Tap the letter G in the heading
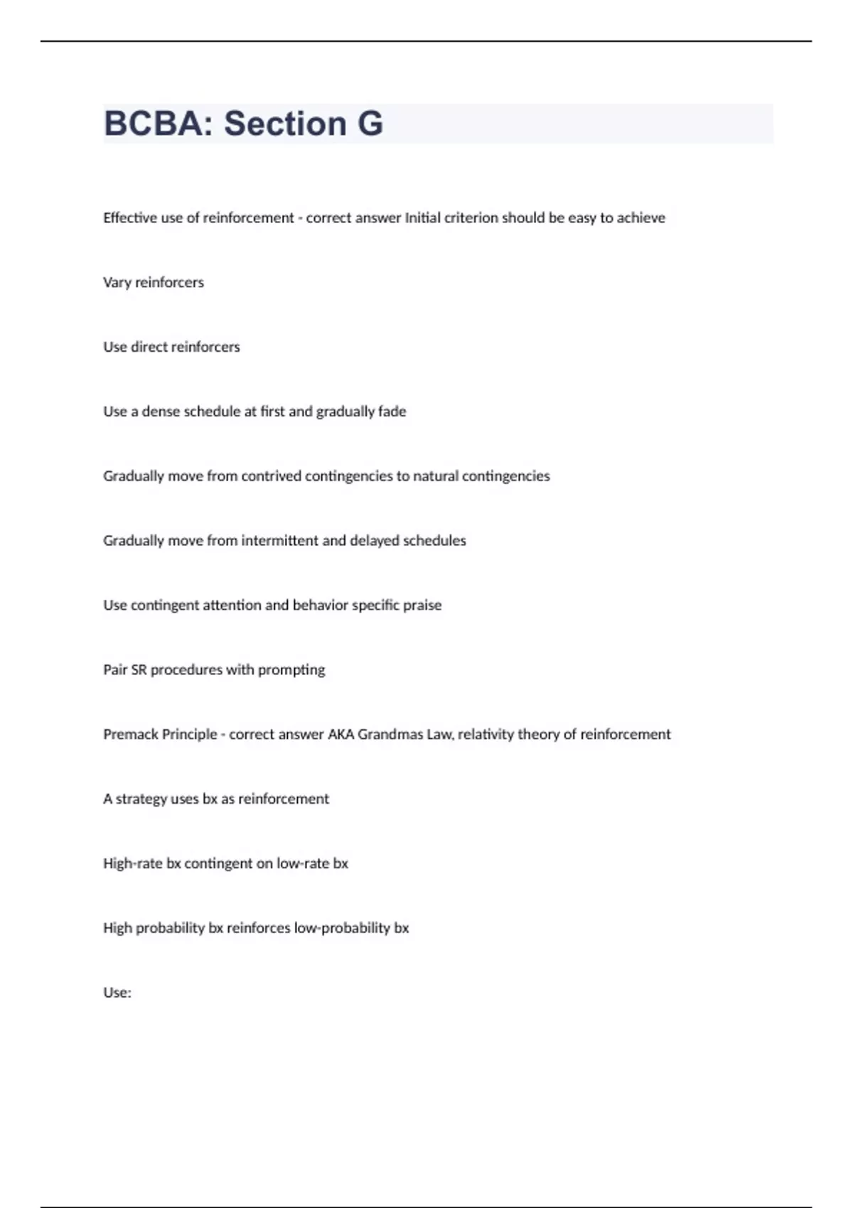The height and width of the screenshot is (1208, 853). (x=370, y=124)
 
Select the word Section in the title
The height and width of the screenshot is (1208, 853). (x=284, y=124)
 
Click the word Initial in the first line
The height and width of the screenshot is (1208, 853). (x=422, y=218)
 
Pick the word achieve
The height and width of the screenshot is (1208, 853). (x=641, y=218)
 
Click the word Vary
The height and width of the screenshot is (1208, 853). (x=117, y=283)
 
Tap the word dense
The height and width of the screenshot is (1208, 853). (x=161, y=411)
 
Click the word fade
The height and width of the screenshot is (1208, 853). (x=392, y=411)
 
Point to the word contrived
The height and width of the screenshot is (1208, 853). (x=271, y=476)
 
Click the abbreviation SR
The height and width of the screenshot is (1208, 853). (x=139, y=670)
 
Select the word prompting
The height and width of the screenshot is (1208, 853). (x=291, y=670)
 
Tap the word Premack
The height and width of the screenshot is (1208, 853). (x=129, y=734)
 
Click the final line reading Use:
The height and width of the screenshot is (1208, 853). (x=117, y=993)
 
